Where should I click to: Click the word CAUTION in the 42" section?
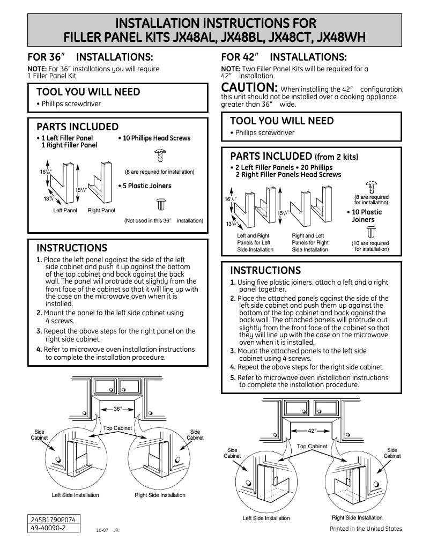(249, 87)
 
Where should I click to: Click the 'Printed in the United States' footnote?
(365, 529)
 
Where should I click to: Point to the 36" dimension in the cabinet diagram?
(117, 409)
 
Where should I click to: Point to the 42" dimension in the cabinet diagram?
(312, 430)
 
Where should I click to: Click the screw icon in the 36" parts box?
(159, 155)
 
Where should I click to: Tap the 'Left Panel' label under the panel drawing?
(65, 211)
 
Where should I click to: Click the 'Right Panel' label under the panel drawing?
(101, 211)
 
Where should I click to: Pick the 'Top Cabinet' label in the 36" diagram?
(117, 428)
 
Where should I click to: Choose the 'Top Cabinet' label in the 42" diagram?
(312, 446)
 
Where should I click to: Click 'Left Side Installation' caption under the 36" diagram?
(75, 495)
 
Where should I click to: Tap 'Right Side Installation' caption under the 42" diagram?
(357, 517)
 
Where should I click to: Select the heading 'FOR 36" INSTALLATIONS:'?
(91, 57)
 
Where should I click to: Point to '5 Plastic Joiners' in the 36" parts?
(145, 186)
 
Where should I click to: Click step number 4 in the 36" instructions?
(39, 350)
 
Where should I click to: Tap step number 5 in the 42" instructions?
(233, 377)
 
